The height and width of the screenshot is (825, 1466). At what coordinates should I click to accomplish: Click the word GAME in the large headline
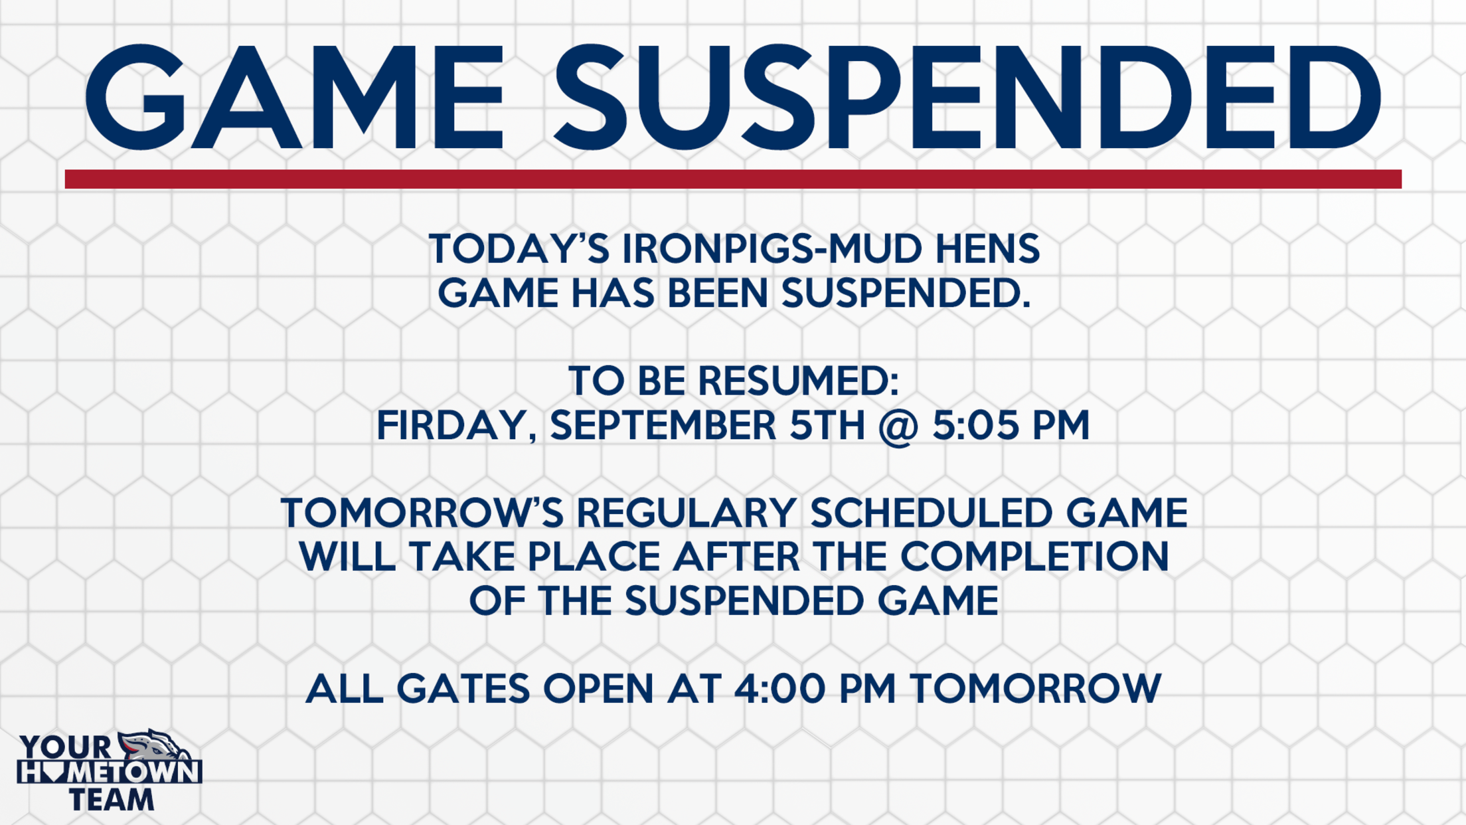point(294,97)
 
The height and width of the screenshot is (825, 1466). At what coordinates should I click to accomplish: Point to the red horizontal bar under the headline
point(733,179)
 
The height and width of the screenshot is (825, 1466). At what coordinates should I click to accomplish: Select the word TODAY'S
point(519,249)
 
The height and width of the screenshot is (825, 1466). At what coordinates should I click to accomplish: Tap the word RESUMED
point(798,381)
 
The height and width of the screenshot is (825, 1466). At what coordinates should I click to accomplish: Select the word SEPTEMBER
point(663,425)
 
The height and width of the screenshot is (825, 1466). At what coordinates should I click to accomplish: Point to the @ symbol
point(898,426)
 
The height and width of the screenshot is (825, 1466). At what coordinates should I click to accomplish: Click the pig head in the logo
point(154,746)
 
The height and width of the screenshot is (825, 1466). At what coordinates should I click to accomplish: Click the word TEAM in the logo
point(112,799)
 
